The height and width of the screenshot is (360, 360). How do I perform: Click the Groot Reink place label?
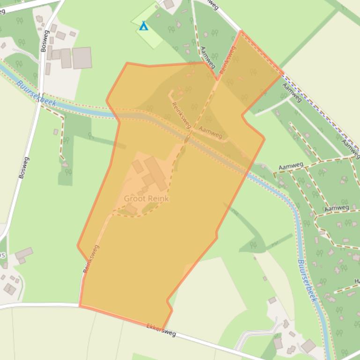pos(146,198)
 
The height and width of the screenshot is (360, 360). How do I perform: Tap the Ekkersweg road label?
pos(161,331)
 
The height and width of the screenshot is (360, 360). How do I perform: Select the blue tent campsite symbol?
pos(144,26)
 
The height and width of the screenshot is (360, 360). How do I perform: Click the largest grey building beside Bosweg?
pos(81,58)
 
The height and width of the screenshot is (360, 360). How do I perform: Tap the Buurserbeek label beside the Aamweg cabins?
pos(307,281)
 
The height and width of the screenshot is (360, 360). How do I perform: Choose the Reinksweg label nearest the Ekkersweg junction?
pos(91,259)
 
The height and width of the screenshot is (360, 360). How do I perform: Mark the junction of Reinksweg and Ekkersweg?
pos(80,305)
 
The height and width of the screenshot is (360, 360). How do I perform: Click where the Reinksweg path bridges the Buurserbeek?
pos(187,139)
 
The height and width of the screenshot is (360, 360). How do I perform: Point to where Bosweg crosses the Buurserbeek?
pos(39,99)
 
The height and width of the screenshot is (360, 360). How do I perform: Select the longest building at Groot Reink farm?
pos(155,173)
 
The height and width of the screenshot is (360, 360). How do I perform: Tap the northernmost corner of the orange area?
pos(241,31)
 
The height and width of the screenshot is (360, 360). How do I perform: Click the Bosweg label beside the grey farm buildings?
pos(44,41)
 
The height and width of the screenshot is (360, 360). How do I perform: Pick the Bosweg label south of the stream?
pos(24,167)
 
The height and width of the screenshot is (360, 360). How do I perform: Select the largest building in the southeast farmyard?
pos(308,346)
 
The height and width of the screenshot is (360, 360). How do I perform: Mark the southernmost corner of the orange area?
pos(162,329)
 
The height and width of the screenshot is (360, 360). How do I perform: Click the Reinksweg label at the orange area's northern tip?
pos(228,58)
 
